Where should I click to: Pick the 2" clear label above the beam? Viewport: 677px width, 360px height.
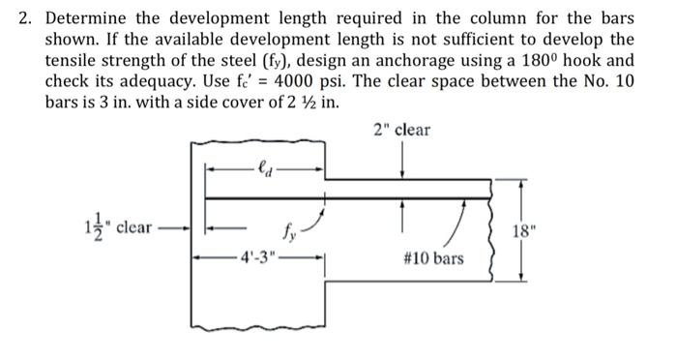coord(401,129)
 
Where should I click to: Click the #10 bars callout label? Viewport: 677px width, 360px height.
coord(431,258)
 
